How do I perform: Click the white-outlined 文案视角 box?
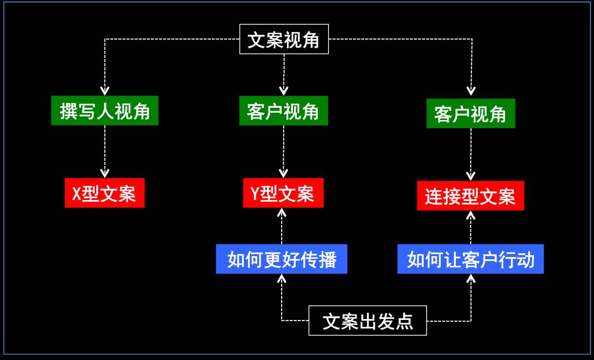click(x=284, y=39)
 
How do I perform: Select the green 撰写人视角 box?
click(x=105, y=111)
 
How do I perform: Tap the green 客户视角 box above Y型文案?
click(x=284, y=111)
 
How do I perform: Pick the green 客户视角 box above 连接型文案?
click(x=471, y=114)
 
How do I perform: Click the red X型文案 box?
click(x=105, y=193)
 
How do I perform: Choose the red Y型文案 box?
click(x=283, y=193)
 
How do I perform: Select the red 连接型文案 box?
click(x=471, y=196)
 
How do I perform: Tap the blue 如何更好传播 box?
click(x=282, y=259)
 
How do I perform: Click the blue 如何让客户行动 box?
click(x=471, y=259)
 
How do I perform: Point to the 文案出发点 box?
click(x=368, y=320)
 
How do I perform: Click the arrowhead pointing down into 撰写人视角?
click(x=105, y=91)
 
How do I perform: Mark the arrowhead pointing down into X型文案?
click(x=105, y=173)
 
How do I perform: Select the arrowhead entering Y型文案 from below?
click(x=282, y=212)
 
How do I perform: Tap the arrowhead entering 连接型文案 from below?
click(x=471, y=215)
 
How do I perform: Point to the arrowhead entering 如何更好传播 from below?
click(x=282, y=279)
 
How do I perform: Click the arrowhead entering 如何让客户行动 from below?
click(x=471, y=279)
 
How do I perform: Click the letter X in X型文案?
click(x=76, y=194)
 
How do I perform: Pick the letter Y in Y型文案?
click(x=255, y=194)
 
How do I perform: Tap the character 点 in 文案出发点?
click(x=405, y=321)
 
